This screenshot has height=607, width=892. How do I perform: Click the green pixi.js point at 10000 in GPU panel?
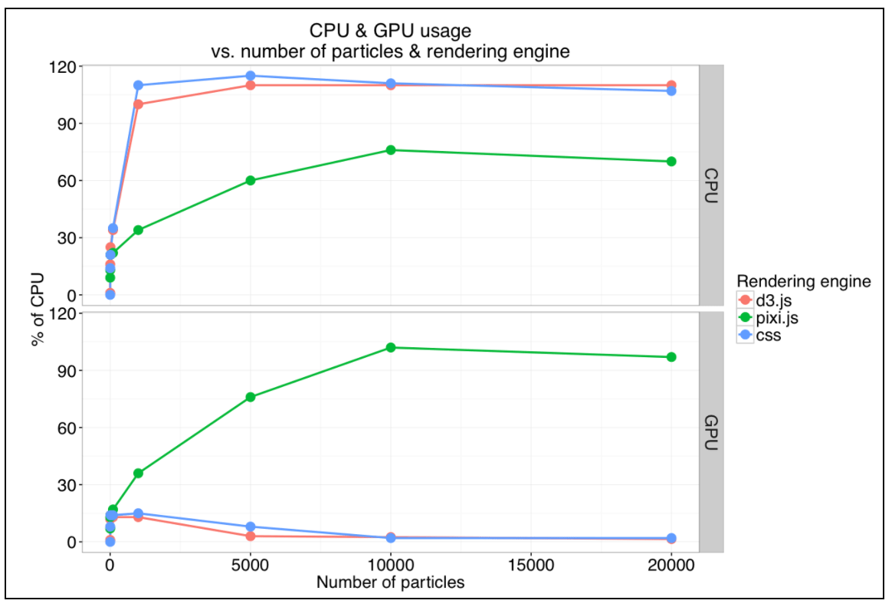click(x=391, y=347)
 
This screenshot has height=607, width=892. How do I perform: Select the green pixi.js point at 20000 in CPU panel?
click(x=671, y=161)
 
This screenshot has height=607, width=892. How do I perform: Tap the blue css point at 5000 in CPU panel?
click(x=251, y=75)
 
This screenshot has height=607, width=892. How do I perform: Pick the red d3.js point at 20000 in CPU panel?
click(x=671, y=85)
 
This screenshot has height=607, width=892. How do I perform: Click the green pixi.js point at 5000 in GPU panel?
click(x=251, y=397)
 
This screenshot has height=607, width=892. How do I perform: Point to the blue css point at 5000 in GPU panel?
click(x=251, y=527)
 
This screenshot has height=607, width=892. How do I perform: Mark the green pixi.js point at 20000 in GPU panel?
click(x=671, y=357)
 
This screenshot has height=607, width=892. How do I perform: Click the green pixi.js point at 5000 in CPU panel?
click(x=251, y=180)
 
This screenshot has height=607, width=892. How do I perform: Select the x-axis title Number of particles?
click(x=390, y=582)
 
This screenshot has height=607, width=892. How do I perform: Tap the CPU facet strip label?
click(x=710, y=185)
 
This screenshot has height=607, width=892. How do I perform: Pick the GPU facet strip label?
click(x=710, y=432)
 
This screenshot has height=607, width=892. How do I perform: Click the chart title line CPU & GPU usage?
click(x=390, y=31)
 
